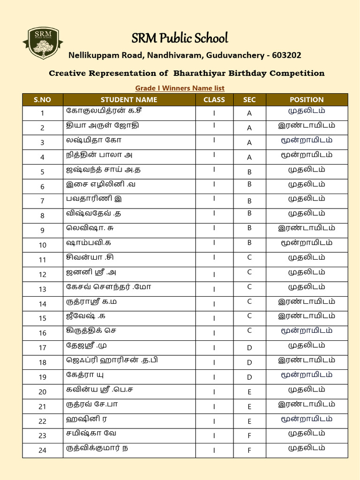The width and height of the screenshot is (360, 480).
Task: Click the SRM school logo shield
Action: tap(43, 43)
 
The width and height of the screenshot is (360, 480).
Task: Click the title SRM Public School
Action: tap(180, 38)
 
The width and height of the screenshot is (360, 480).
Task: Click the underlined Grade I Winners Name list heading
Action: tap(180, 88)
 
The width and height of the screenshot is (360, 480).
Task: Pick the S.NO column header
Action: tap(42, 100)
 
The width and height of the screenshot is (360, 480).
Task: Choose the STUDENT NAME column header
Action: tap(129, 100)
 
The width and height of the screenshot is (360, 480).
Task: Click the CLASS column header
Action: tap(214, 100)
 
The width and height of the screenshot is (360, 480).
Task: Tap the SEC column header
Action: tap(249, 100)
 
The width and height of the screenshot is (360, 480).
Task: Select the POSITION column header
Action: tap(307, 100)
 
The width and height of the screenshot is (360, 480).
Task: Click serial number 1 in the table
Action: tap(42, 113)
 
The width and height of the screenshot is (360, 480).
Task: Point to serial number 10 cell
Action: tap(42, 245)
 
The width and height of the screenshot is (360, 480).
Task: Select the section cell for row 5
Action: tap(249, 172)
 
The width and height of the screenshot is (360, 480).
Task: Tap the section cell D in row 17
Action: tap(249, 348)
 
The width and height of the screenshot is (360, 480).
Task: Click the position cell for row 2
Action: tap(307, 126)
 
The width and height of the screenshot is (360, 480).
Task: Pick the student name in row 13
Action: tap(108, 287)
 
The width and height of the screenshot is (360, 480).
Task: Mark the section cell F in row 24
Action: tap(249, 450)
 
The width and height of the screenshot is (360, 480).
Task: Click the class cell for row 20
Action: tap(214, 392)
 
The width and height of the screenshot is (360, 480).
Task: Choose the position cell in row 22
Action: tap(307, 419)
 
